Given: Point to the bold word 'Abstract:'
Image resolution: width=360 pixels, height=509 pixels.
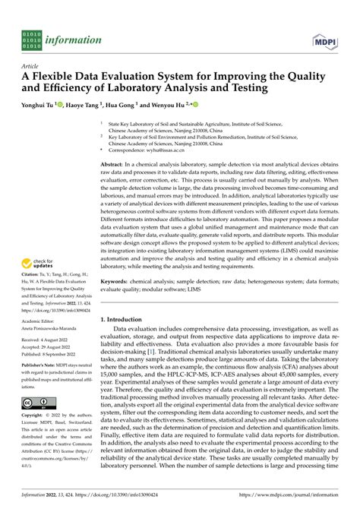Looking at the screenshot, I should click(x=115, y=164).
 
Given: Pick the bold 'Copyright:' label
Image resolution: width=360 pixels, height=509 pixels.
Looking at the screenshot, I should click(x=34, y=438).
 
